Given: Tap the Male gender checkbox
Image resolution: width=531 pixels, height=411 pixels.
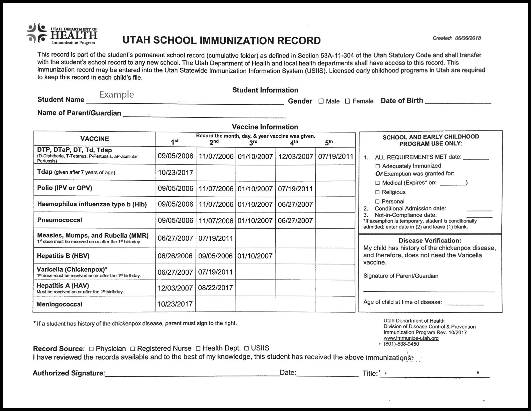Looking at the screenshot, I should [x=321, y=101].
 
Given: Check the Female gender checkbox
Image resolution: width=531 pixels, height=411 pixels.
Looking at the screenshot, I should [x=348, y=101].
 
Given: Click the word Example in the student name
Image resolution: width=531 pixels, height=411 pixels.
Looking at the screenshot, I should [x=117, y=94].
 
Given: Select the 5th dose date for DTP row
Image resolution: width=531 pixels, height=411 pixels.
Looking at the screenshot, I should [x=336, y=156].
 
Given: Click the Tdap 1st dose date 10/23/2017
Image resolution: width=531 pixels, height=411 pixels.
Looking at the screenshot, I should [x=175, y=173].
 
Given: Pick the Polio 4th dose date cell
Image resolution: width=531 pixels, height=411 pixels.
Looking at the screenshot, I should [x=295, y=189].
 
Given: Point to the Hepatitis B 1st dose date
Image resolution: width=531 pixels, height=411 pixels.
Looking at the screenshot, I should [x=175, y=256].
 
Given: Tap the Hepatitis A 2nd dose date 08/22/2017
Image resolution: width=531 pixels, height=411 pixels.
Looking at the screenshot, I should [x=215, y=288].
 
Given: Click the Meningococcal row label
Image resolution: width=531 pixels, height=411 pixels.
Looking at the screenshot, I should [x=59, y=304].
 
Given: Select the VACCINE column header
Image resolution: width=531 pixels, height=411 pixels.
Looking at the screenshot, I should [x=95, y=139].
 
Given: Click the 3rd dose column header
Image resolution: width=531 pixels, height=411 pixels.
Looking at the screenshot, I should [x=253, y=142].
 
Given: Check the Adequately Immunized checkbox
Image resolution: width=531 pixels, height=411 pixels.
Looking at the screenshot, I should [x=378, y=166].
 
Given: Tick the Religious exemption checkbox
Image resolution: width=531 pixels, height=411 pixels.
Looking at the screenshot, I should [x=378, y=192].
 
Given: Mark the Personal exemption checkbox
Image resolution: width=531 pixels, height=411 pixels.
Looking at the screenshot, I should [x=378, y=202].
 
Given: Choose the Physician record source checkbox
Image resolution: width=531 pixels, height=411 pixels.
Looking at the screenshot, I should [x=91, y=349].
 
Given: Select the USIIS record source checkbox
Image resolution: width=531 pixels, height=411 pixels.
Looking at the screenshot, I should [x=246, y=348].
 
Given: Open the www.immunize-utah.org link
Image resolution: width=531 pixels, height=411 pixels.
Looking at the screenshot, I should [x=411, y=338].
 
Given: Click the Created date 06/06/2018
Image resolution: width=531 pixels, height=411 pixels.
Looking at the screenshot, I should [x=468, y=38].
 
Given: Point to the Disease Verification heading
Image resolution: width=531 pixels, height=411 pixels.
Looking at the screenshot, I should [x=430, y=241].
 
